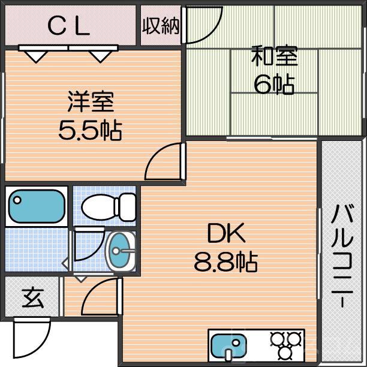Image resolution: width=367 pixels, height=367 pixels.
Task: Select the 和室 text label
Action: (x=274, y=57)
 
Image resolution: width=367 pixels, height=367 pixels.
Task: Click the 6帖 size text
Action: (x=274, y=85)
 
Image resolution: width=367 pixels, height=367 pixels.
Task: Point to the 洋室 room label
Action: (x=90, y=102)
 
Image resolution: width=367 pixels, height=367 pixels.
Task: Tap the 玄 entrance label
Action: (x=33, y=298)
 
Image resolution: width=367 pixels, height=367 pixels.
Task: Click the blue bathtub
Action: (x=37, y=206)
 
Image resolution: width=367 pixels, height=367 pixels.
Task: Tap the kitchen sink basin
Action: (x=229, y=347)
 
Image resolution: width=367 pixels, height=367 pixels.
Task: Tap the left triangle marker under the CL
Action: (x=37, y=55)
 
